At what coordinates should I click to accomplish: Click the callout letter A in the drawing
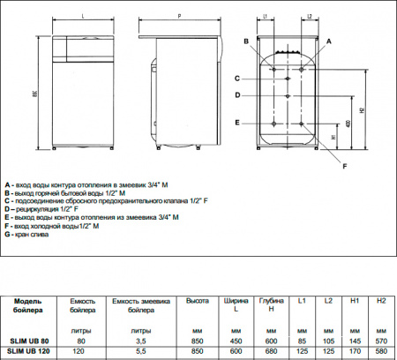pos(328,41)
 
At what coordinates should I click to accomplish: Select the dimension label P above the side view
pos(179,15)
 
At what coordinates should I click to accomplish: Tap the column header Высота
pos(197,302)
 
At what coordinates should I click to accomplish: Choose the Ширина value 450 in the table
pos(235,340)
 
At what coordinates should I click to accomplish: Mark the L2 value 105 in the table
pos(327,340)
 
